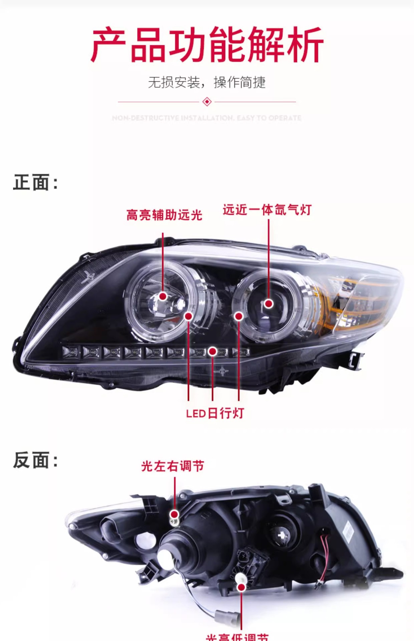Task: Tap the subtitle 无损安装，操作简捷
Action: tap(207, 82)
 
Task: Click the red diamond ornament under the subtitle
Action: tap(207, 101)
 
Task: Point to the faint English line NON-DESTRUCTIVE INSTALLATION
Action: tap(207, 118)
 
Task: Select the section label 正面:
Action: tap(35, 183)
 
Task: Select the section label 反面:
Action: tap(35, 460)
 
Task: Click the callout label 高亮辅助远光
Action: tap(164, 215)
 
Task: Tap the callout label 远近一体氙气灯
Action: tap(267, 210)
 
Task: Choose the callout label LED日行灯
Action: tap(215, 413)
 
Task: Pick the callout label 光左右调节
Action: tap(172, 466)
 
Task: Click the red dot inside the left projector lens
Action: tap(163, 296)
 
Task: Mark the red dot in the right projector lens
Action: tap(269, 303)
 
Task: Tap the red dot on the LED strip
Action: tap(212, 351)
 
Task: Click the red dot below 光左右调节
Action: tap(174, 514)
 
